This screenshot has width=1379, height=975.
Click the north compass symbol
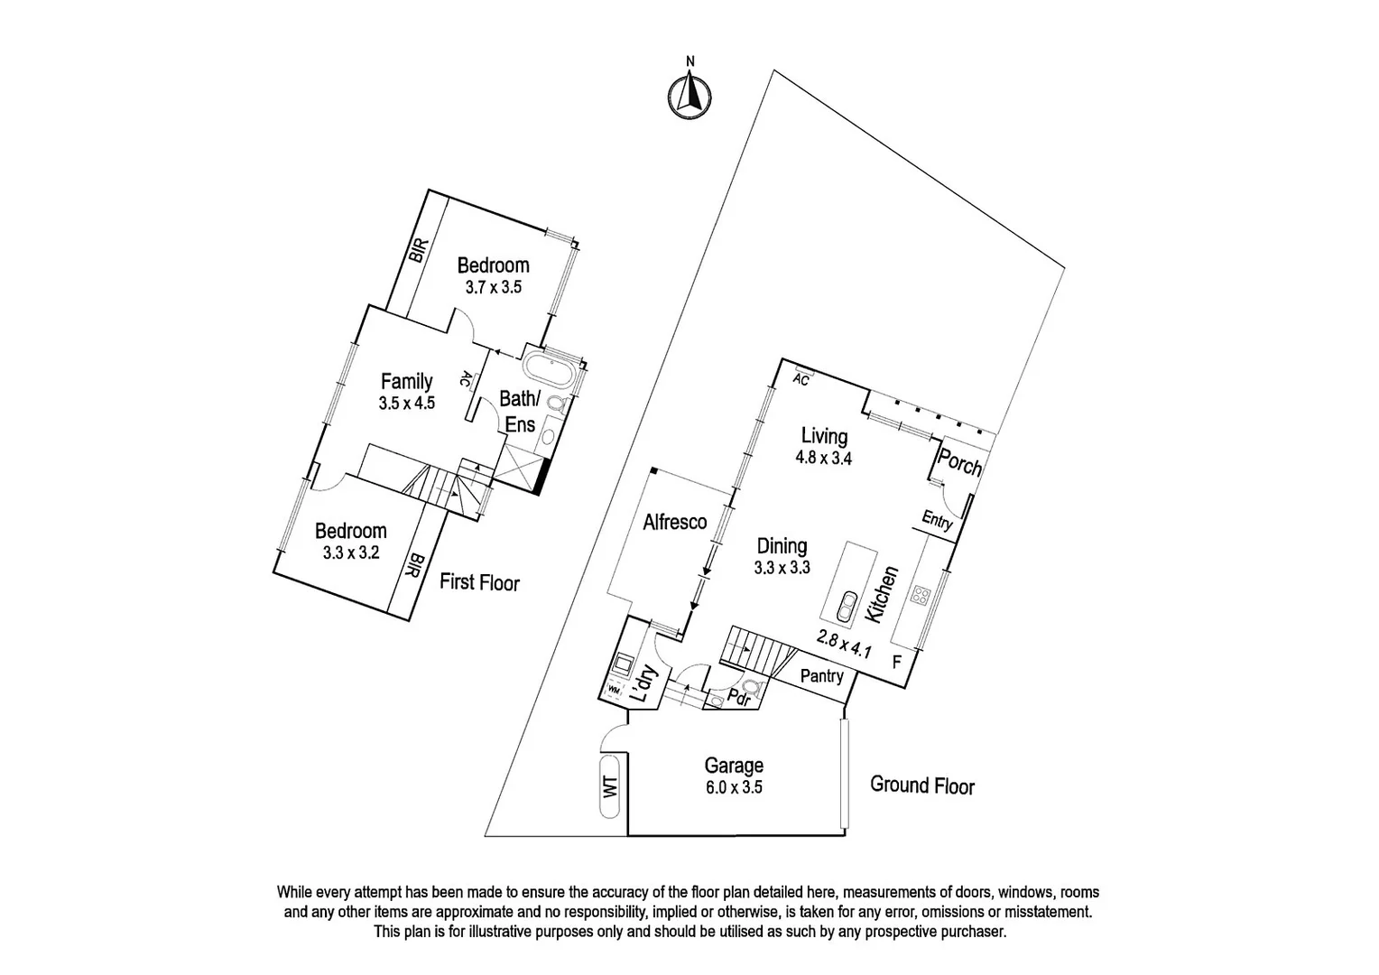pos(689,93)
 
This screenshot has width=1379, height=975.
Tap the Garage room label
pos(734,766)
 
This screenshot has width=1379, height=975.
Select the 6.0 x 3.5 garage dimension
pos(734,787)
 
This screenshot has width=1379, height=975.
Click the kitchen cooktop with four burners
pos(921,595)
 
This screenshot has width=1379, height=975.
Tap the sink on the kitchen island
pos(847,607)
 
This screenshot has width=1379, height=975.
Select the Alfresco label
pos(674,522)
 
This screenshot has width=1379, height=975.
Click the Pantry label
pos(822,676)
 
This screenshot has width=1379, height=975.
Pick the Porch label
pos(959,463)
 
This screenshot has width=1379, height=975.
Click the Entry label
pos(937,521)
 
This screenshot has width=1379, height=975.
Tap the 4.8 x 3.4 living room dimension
pos(823,458)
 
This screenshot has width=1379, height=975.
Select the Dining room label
pos(782,546)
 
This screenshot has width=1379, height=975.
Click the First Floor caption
pos(479,582)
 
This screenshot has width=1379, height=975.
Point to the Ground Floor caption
pos(922,785)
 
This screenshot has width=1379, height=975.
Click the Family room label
pos(406,381)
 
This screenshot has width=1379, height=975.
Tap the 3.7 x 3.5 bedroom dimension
pos(493,287)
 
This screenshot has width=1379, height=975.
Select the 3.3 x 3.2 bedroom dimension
pos(350,552)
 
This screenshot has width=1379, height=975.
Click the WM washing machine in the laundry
pos(614,690)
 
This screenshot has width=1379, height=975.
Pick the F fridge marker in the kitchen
pos(896,661)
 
